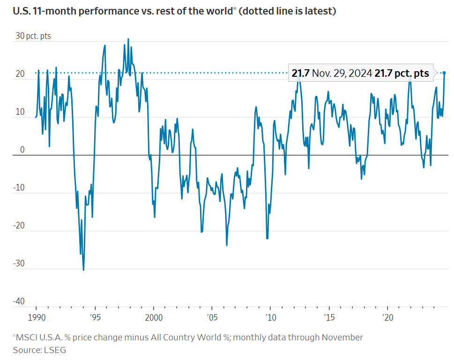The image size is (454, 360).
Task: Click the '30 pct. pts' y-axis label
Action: click(33, 36)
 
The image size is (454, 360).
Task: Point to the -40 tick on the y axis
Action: click(19, 301)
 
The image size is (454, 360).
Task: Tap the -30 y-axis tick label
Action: click(19, 264)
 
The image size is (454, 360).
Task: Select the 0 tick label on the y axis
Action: click(22, 150)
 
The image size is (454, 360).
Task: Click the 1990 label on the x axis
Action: click(36, 317)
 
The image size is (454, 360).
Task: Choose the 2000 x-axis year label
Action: click(154, 317)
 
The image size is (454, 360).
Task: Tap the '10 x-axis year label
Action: click(270, 317)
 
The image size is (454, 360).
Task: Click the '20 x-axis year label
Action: click(387, 317)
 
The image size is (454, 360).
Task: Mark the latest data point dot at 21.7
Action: click(444, 73)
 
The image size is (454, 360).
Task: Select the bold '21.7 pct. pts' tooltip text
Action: click(402, 73)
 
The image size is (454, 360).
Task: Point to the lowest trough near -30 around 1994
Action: click(83, 270)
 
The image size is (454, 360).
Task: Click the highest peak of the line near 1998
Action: click(128, 39)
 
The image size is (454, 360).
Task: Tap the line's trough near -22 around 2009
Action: click(267, 238)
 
